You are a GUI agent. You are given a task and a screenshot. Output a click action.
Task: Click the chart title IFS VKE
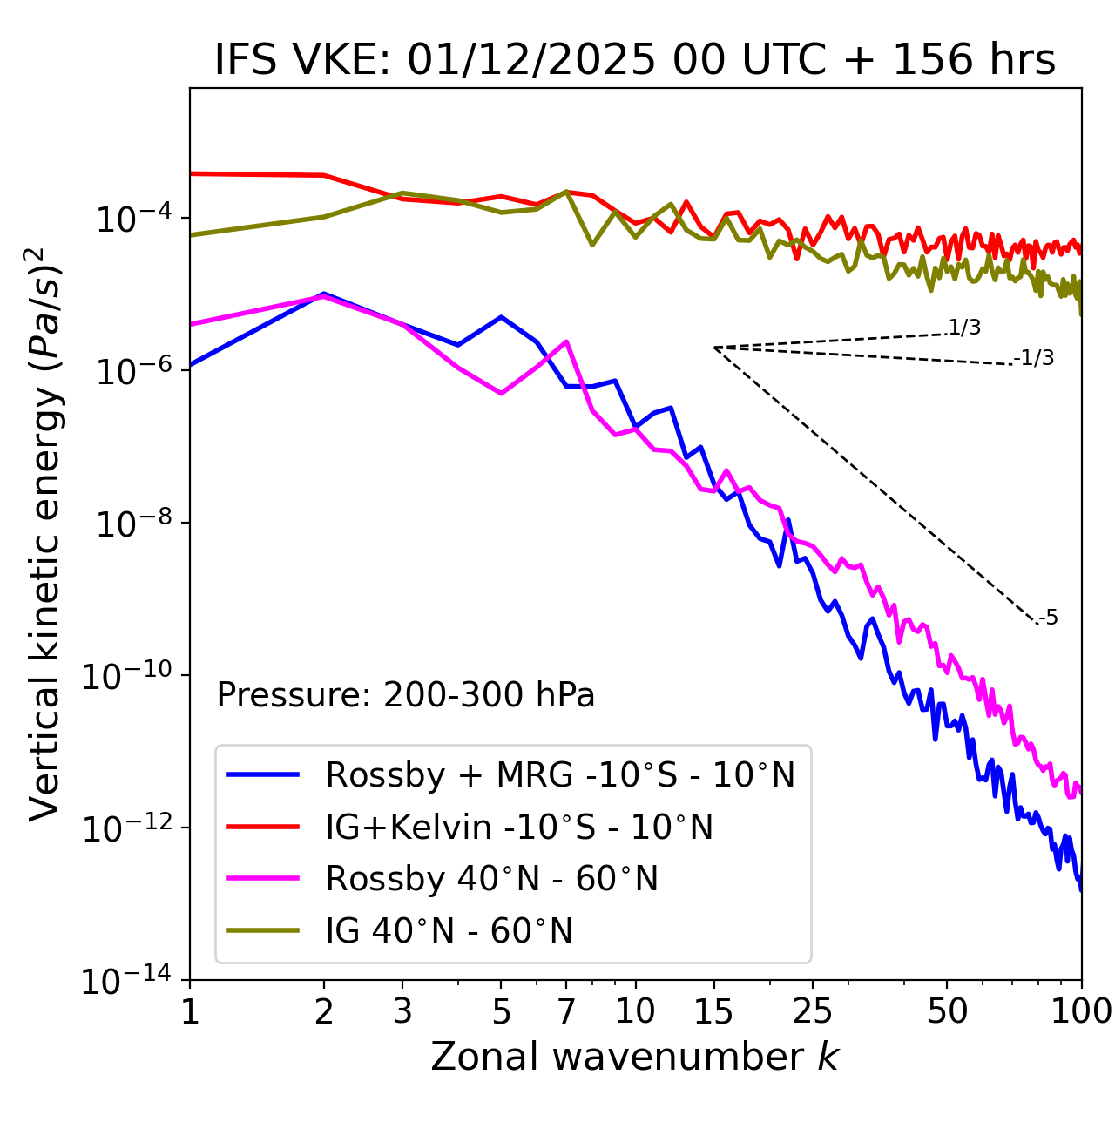click(634, 60)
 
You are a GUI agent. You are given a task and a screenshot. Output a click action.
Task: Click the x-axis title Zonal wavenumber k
click(634, 1057)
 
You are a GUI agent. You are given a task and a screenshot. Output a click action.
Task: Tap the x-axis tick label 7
click(566, 1011)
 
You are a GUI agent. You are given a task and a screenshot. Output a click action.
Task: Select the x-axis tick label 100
click(1081, 1011)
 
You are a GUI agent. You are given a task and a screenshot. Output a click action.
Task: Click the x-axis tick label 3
click(402, 1011)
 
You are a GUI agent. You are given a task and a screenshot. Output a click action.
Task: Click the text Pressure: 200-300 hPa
click(406, 695)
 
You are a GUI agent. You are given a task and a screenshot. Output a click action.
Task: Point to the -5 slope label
click(1049, 618)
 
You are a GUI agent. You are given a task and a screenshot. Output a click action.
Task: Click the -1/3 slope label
click(1035, 357)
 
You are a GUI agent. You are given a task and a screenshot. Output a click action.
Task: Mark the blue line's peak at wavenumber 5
click(501, 317)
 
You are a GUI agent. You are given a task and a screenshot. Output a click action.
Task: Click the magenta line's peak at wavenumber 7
click(566, 341)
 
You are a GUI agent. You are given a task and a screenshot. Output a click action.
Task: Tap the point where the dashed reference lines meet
click(714, 348)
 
